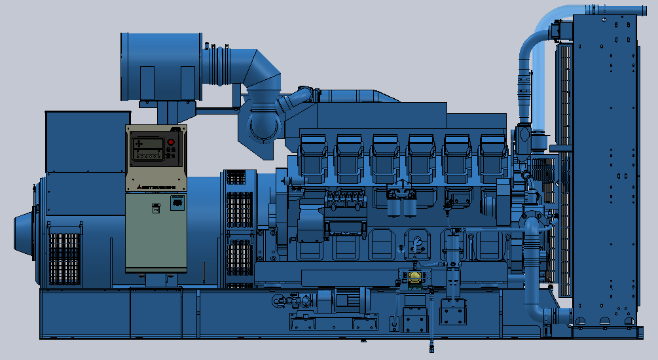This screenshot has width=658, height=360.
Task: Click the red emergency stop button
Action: (171, 142)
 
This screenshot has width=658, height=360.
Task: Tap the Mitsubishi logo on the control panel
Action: (156, 188)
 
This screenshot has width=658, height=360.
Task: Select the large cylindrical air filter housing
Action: (159, 66)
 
